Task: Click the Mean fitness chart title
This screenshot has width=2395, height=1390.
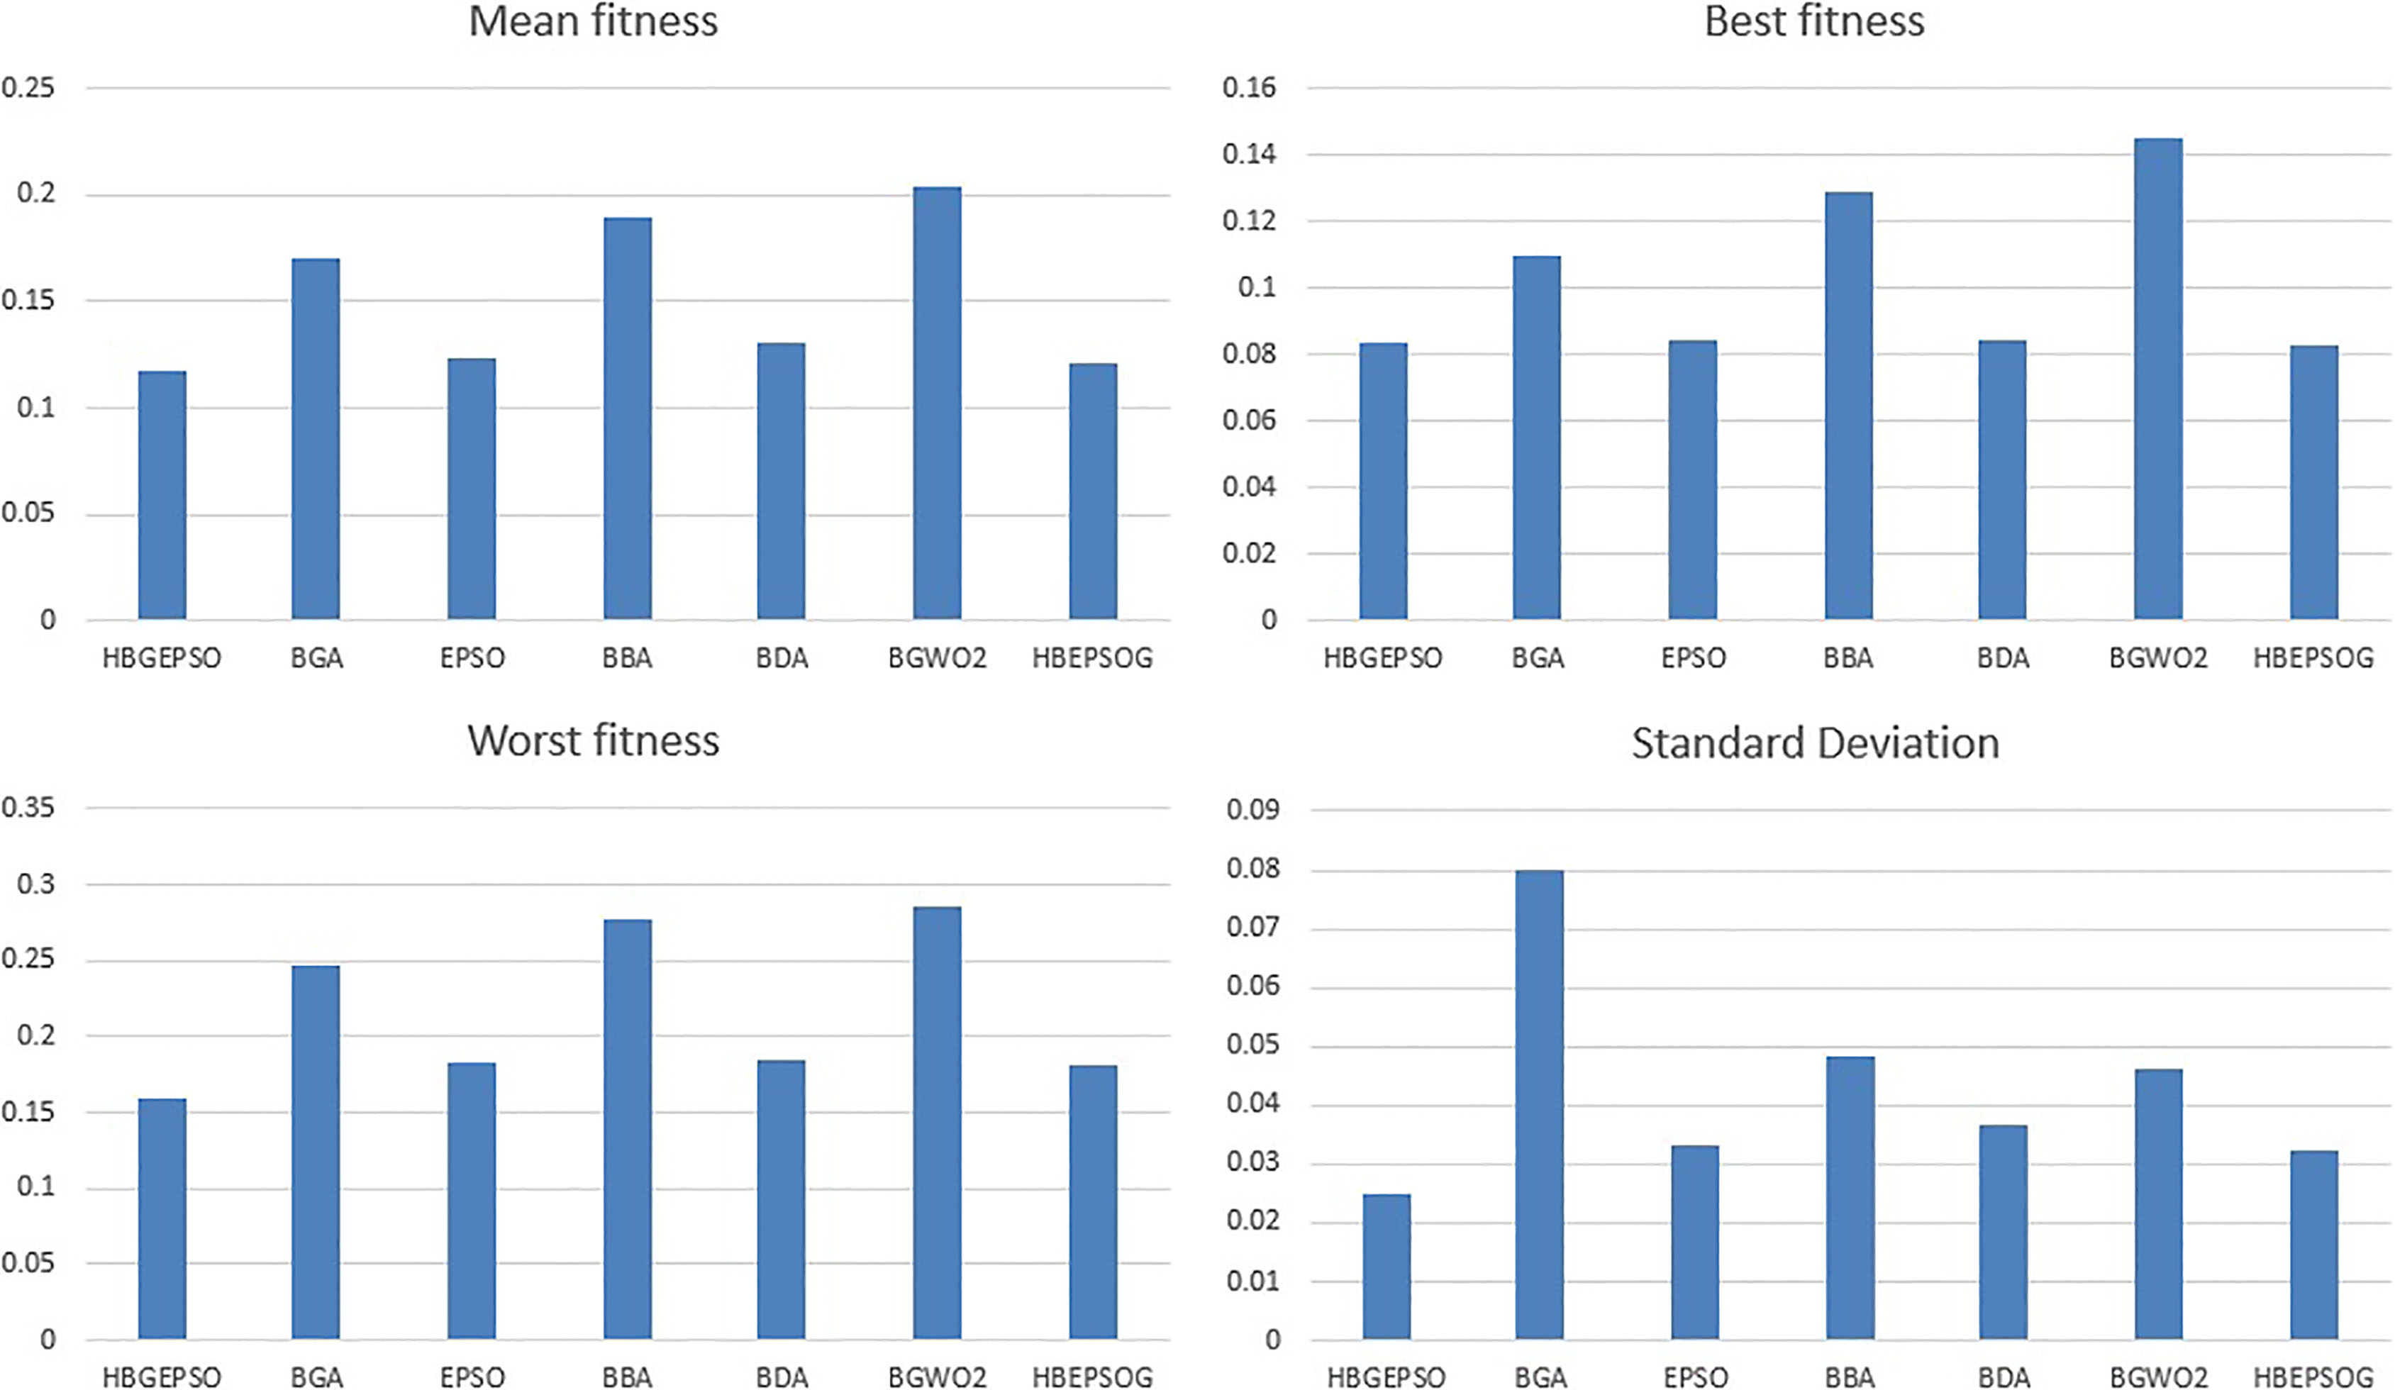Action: pyautogui.click(x=593, y=21)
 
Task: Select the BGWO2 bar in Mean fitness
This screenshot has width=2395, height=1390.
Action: pyautogui.click(x=937, y=403)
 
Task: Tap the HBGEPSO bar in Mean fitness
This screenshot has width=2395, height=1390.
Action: pyautogui.click(x=162, y=495)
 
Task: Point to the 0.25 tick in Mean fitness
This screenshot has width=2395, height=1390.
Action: pyautogui.click(x=28, y=87)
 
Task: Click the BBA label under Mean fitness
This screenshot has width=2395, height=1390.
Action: pyautogui.click(x=627, y=657)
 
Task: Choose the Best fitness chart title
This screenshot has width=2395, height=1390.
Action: pyautogui.click(x=1814, y=21)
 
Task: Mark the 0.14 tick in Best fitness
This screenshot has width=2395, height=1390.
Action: pyautogui.click(x=1250, y=154)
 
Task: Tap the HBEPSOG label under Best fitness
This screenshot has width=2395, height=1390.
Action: pyautogui.click(x=2313, y=657)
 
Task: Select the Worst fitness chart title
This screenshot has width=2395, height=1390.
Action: pyautogui.click(x=593, y=741)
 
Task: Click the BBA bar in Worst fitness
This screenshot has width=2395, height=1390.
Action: pyautogui.click(x=627, y=1130)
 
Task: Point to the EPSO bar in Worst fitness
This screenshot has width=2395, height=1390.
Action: pyautogui.click(x=472, y=1201)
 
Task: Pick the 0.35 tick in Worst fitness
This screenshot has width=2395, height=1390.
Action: pyautogui.click(x=28, y=808)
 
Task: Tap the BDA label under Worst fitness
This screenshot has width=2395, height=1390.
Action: pyautogui.click(x=782, y=1377)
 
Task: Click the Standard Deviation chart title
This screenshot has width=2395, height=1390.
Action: pyautogui.click(x=1816, y=743)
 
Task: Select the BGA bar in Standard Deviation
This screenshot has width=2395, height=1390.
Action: pyautogui.click(x=1540, y=1105)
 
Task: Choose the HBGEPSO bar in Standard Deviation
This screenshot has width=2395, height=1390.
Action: pyautogui.click(x=1387, y=1267)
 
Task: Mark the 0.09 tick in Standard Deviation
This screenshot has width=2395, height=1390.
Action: pyautogui.click(x=1252, y=809)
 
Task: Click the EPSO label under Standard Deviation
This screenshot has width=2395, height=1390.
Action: pyautogui.click(x=1696, y=1377)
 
